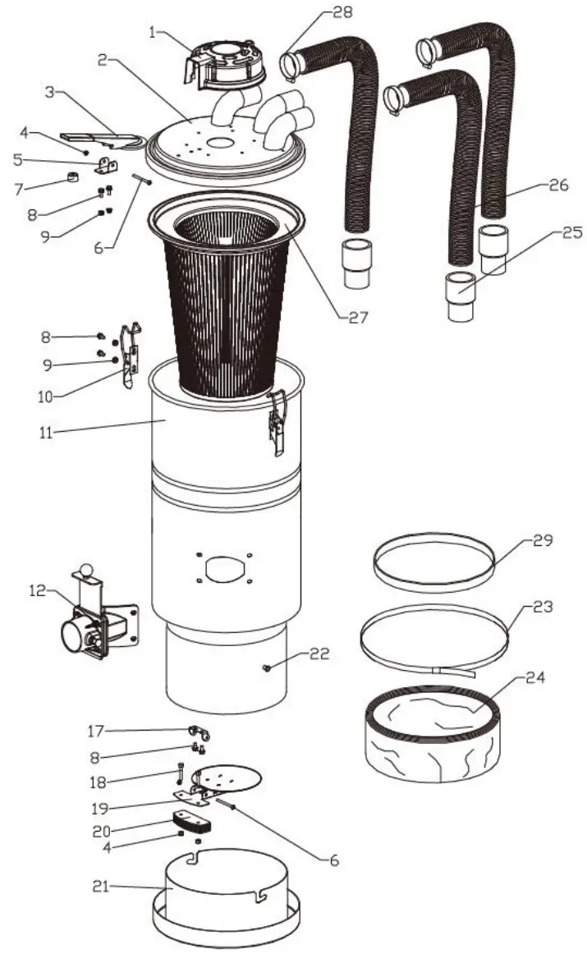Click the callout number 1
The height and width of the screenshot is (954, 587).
[x=153, y=33]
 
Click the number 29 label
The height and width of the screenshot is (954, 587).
[x=543, y=541]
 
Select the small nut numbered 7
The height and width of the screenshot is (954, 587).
[x=71, y=179]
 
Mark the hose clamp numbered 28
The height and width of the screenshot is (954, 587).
[x=291, y=66]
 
